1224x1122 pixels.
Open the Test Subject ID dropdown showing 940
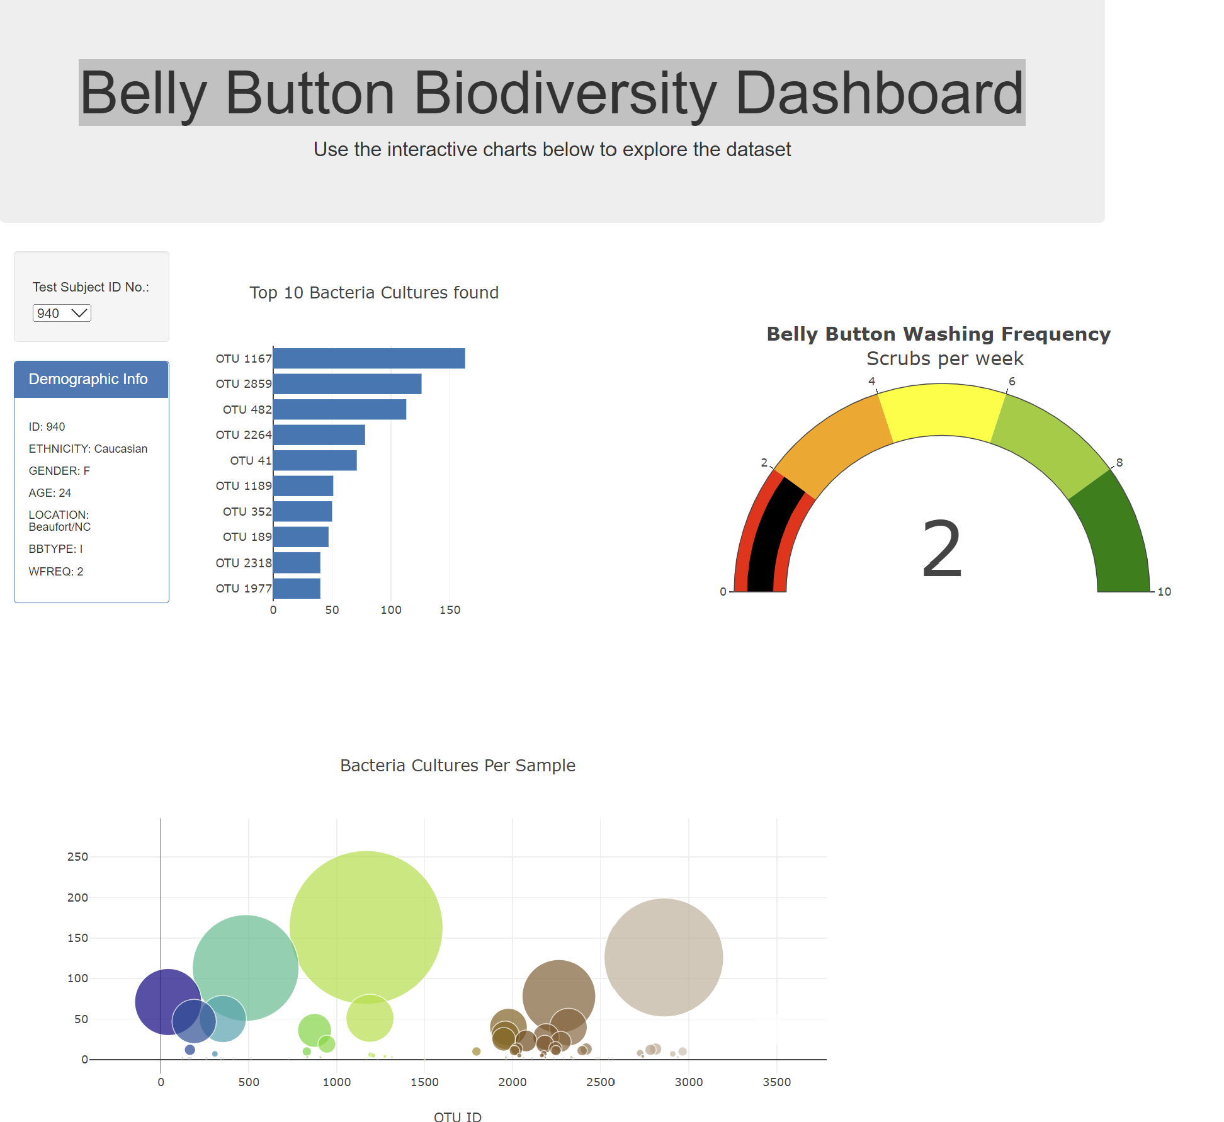(x=62, y=313)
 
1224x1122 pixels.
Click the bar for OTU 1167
(x=369, y=358)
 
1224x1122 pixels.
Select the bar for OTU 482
(x=339, y=409)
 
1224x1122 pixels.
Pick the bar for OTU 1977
(x=297, y=588)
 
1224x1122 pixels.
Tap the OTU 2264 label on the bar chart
(x=243, y=435)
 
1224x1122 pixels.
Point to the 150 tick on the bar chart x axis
(x=450, y=609)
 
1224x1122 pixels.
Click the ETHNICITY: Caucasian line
(x=88, y=448)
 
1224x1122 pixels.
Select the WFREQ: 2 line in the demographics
(x=56, y=571)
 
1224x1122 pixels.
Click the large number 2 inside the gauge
(x=942, y=549)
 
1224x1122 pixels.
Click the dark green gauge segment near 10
(x=1118, y=535)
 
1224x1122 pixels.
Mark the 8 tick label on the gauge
(x=1119, y=462)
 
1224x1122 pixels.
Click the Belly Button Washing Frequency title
(x=938, y=334)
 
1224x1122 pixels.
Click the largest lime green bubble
(x=366, y=926)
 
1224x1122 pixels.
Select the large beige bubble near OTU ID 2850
(x=664, y=957)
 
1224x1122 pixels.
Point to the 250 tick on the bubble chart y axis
(x=77, y=857)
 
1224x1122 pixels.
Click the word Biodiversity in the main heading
(x=565, y=93)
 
